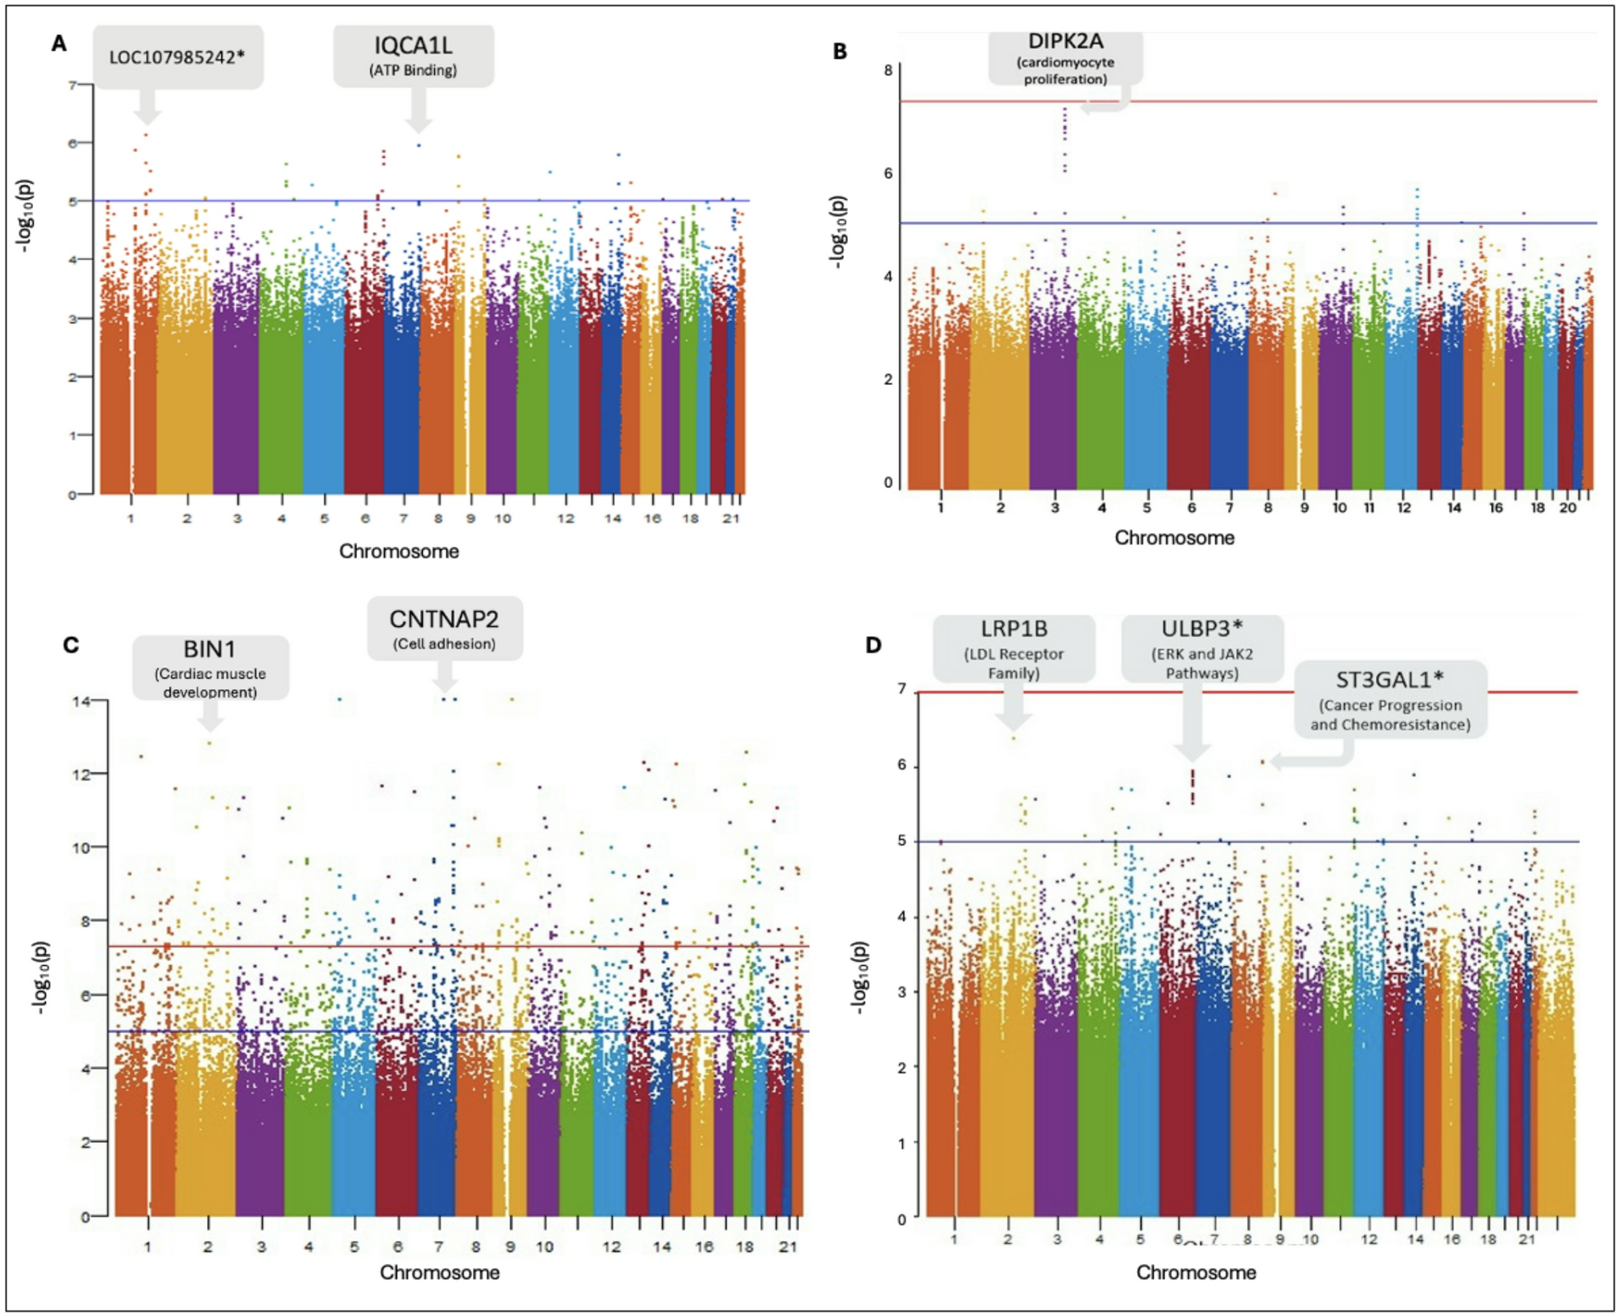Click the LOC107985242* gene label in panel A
[x=176, y=57]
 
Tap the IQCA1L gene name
[x=413, y=45]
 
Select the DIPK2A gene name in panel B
[x=1065, y=41]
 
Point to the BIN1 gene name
[x=210, y=649]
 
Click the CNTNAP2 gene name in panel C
[x=444, y=619]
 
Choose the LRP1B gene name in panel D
[x=1014, y=628]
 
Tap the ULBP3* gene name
[x=1201, y=628]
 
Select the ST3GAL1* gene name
[x=1389, y=680]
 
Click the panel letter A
[x=59, y=44]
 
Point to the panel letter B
[x=840, y=52]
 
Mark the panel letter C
[x=71, y=645]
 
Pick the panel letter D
[x=873, y=645]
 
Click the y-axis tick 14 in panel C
[x=81, y=701]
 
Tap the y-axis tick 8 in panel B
[x=888, y=71]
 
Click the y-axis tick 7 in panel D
[x=902, y=689]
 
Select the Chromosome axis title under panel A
[x=399, y=551]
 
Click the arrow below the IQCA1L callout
[x=418, y=110]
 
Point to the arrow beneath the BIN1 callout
[x=210, y=715]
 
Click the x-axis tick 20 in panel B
[x=1567, y=508]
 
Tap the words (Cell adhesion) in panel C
[x=444, y=644]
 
